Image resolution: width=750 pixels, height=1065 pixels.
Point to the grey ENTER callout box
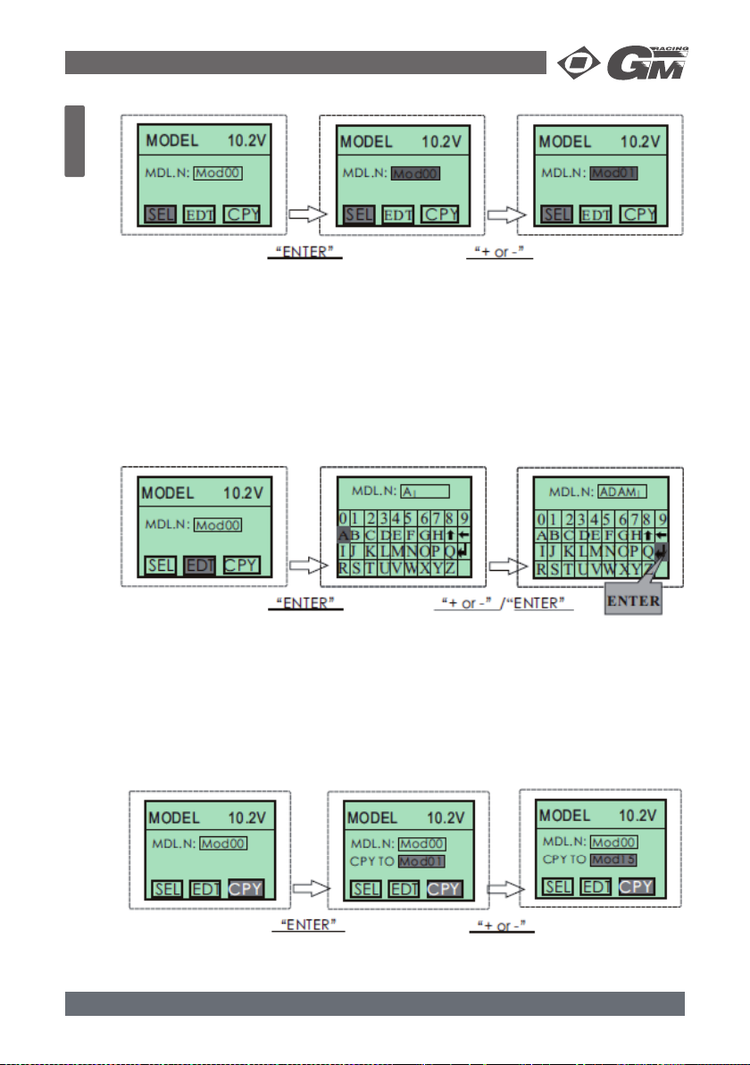coord(633,601)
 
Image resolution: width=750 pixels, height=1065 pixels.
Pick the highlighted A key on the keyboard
coord(345,534)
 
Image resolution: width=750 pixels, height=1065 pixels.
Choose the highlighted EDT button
coord(199,565)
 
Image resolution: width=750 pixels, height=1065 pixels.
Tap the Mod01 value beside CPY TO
coord(422,861)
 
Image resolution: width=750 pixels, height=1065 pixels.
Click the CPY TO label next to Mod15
coord(565,860)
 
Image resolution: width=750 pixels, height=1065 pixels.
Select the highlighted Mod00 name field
coord(415,173)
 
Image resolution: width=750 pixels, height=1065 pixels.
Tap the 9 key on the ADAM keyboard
coord(662,517)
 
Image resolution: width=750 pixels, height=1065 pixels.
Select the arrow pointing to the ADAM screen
coord(505,565)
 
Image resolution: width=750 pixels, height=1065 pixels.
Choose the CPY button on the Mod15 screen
coord(637,886)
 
